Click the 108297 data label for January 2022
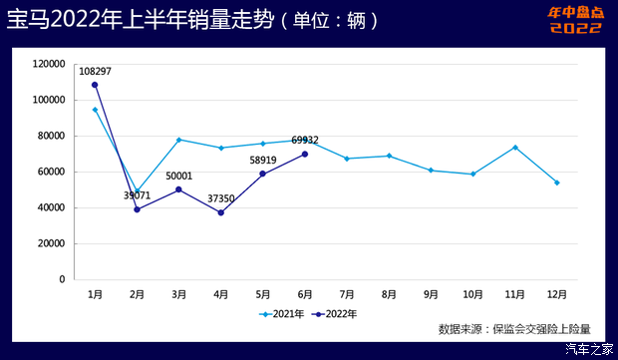coord(95,72)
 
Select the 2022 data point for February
coord(137,209)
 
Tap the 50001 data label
coord(180,176)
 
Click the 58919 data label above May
coord(262,160)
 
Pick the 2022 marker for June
coord(305,154)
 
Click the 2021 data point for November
coord(514,148)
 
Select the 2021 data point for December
coord(556,182)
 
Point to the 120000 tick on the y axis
coord(48,64)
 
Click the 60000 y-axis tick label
coord(51,172)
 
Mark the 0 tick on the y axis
coord(62,279)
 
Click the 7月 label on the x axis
coord(347,295)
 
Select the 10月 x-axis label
coord(472,295)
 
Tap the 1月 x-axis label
coord(95,295)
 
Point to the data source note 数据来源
coord(514,328)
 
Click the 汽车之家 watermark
coord(589,349)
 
